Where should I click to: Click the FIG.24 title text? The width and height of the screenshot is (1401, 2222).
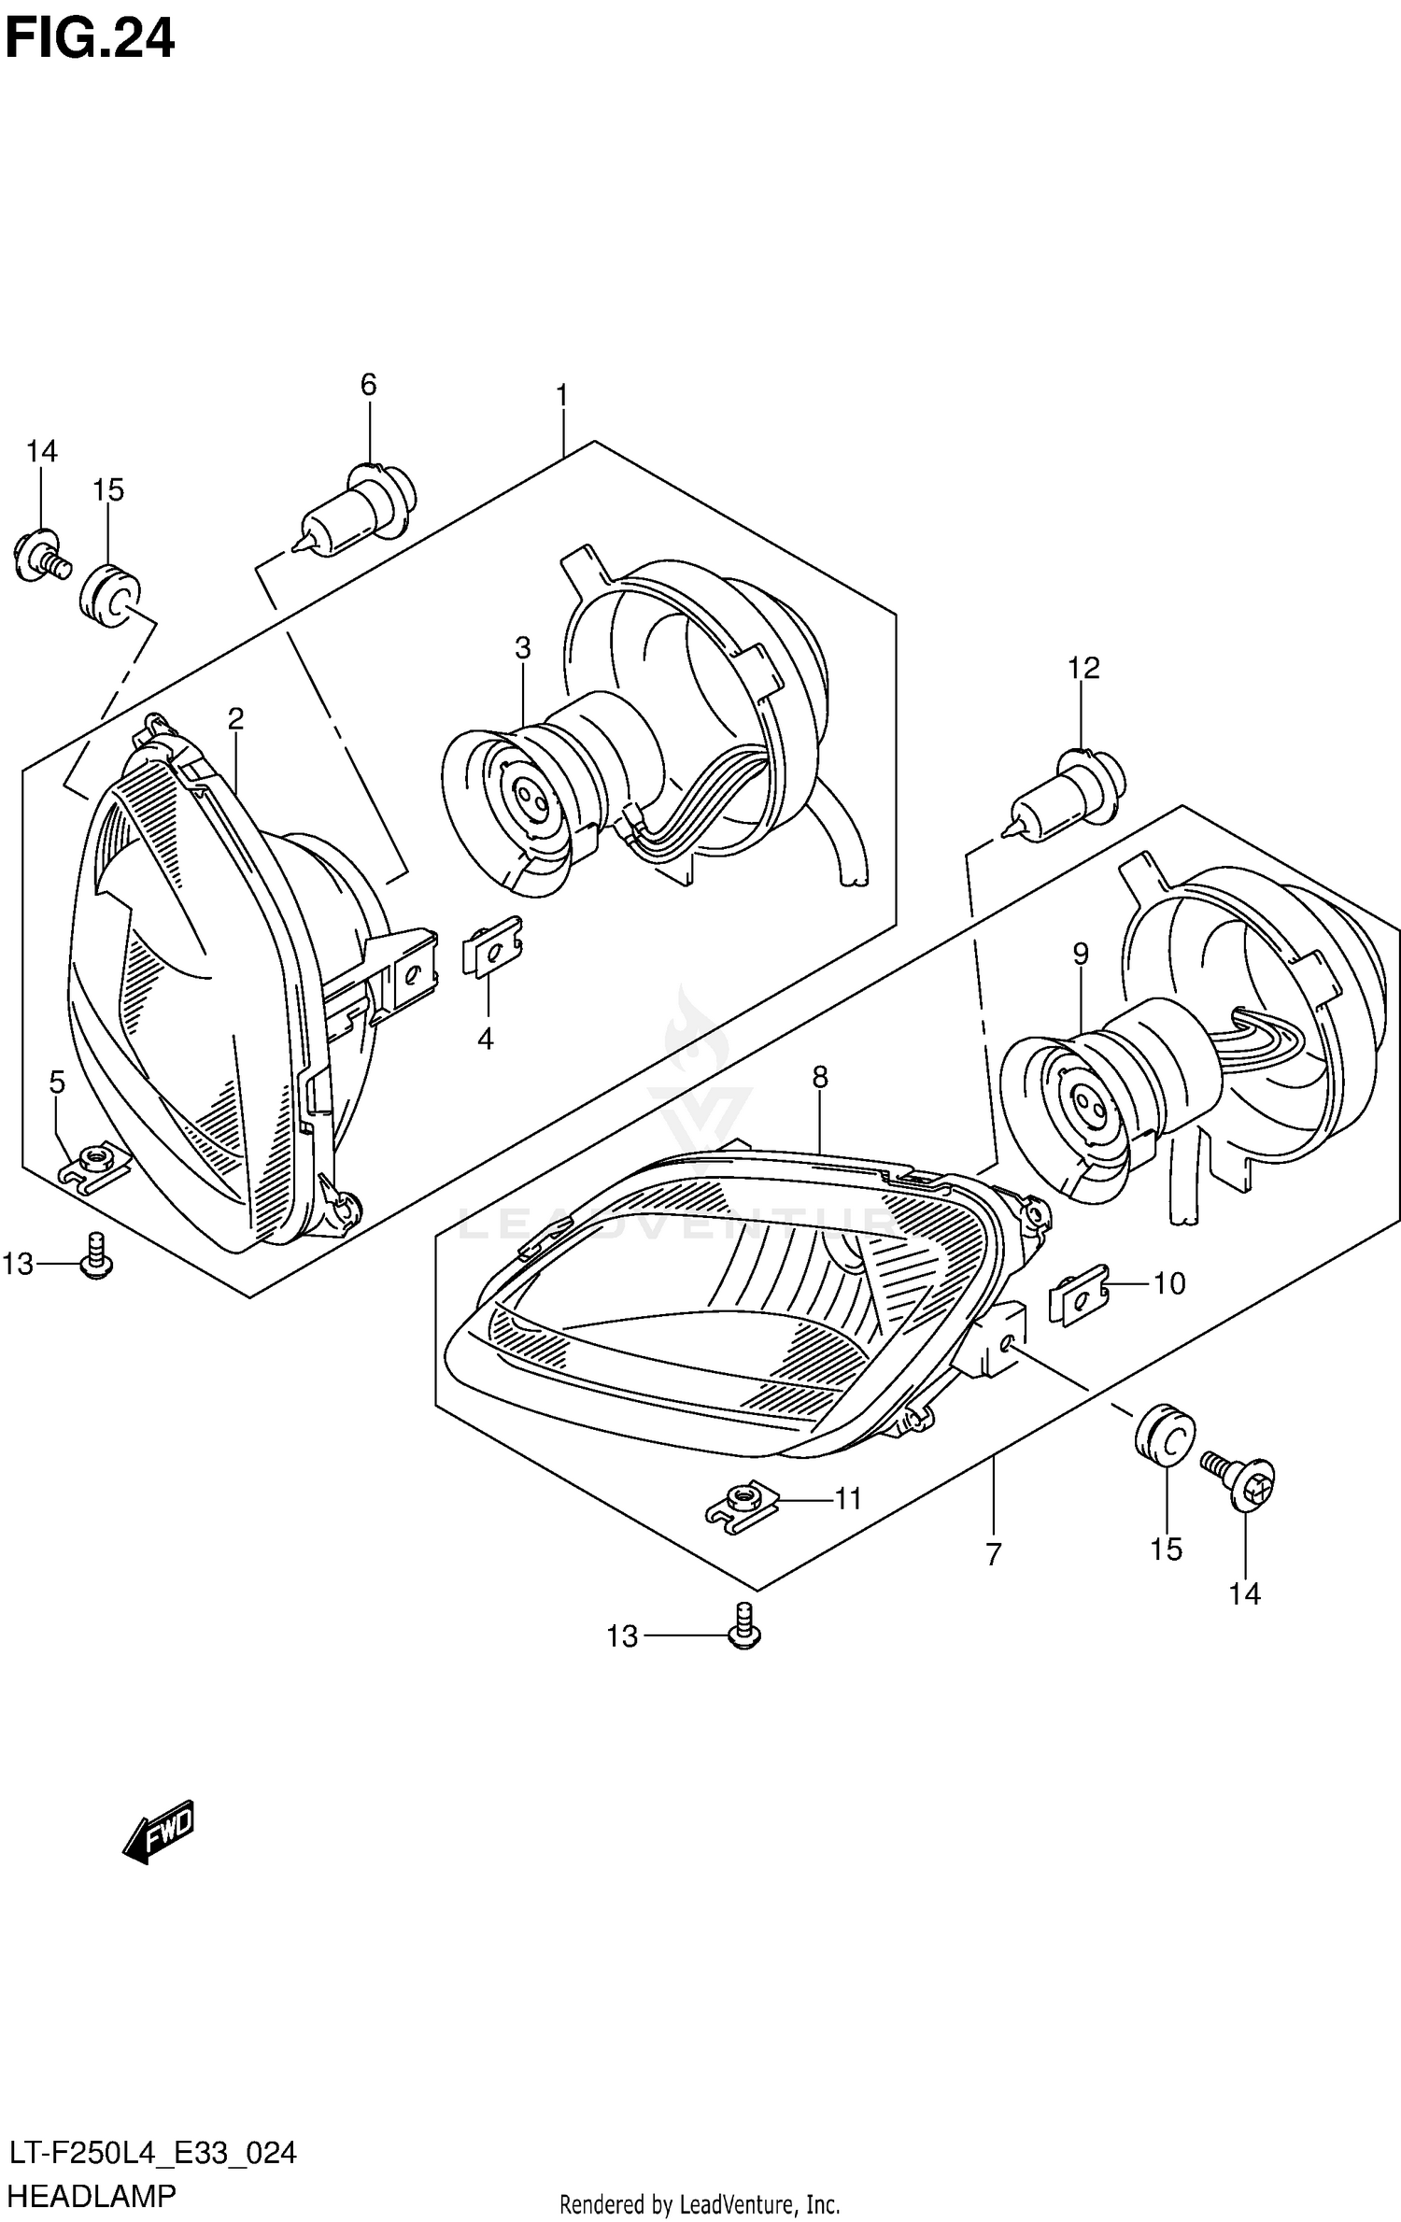(x=89, y=39)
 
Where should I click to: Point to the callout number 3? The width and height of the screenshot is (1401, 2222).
(x=522, y=647)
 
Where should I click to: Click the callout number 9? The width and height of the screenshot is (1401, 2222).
(x=1080, y=954)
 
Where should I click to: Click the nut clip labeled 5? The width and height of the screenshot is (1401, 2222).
(x=95, y=1166)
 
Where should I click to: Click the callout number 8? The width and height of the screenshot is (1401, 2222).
(x=819, y=1078)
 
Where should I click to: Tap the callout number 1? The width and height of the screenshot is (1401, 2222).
(x=561, y=396)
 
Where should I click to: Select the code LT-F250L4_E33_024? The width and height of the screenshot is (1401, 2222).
(x=152, y=2147)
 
